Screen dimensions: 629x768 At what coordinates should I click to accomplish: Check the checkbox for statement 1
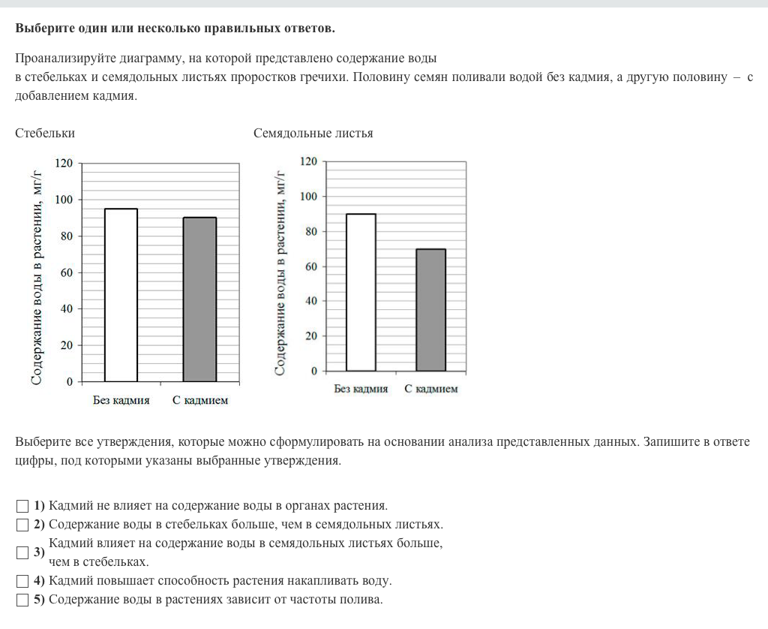coord(22,506)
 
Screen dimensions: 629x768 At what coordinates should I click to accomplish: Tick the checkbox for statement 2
coord(22,525)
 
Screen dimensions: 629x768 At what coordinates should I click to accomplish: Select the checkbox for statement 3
coord(22,553)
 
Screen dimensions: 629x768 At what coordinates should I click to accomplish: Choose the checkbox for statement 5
coord(22,600)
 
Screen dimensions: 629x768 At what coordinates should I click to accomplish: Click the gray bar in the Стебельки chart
coord(199,299)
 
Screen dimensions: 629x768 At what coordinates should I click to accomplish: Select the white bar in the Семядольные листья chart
coord(361,292)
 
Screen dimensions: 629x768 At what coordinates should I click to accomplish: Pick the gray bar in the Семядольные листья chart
coord(430,309)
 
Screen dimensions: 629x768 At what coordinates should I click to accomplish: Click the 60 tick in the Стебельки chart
coord(67,272)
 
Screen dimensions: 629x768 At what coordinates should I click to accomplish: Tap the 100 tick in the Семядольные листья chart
coord(308,197)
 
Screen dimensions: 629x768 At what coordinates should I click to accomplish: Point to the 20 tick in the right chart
coord(311,336)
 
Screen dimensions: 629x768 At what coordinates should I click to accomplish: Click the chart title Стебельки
coord(45,133)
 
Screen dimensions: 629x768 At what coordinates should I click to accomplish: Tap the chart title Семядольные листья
coord(313,133)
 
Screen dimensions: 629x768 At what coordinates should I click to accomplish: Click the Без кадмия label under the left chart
coord(121,400)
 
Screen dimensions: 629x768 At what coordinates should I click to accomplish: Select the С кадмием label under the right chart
coord(430,389)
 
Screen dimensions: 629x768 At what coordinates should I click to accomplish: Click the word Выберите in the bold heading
coord(44,29)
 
